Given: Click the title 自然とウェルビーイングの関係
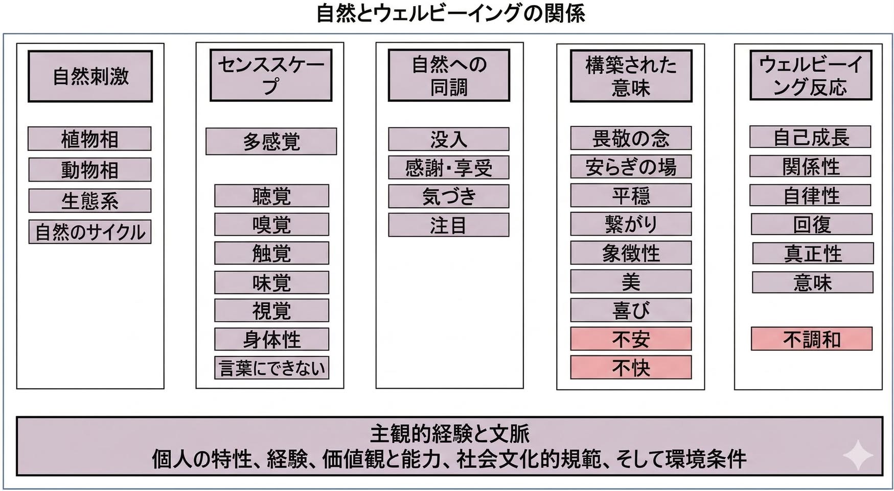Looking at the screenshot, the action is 450,13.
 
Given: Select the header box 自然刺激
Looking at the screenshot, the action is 90,76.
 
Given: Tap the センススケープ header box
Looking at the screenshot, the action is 271,75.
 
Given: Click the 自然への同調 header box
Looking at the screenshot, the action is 449,75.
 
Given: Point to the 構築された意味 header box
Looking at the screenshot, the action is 631,76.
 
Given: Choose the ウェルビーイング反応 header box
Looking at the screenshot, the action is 811,75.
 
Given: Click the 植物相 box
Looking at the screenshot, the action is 89,139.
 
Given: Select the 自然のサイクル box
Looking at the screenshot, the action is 90,232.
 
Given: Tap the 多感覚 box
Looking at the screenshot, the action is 271,141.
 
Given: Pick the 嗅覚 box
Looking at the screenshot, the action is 271,225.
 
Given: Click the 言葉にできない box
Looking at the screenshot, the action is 271,368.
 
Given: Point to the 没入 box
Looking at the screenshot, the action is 449,139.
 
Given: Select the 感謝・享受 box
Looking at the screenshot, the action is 449,168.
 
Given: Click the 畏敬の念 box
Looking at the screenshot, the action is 631,138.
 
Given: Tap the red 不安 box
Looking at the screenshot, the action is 631,339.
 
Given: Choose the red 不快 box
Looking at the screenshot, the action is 631,368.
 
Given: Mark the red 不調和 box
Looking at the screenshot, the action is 812,339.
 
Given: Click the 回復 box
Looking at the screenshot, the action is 812,225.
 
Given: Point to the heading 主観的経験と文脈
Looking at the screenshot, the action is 450,434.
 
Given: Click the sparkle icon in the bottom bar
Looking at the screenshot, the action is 858,454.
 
